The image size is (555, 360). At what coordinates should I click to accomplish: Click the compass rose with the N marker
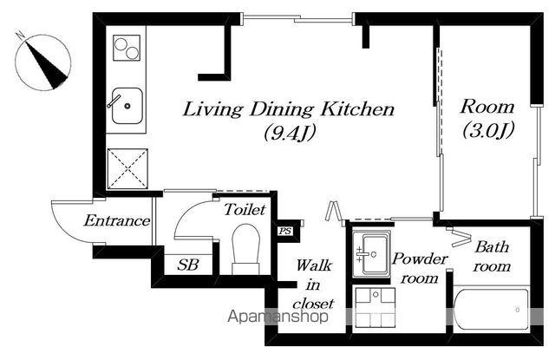click(x=43, y=62)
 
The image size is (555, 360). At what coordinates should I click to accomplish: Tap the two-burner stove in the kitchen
click(x=127, y=48)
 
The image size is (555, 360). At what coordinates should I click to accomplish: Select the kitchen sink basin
click(x=127, y=106)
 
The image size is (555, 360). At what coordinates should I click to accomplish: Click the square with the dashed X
click(x=127, y=169)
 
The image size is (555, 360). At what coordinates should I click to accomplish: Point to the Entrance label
click(x=117, y=220)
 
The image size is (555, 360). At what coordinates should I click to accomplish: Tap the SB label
click(x=188, y=265)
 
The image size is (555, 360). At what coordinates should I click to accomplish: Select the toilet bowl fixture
click(x=245, y=249)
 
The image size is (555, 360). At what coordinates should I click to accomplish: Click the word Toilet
click(x=245, y=210)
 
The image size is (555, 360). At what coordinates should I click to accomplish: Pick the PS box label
click(x=285, y=231)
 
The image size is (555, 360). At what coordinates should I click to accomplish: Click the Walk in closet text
click(x=313, y=285)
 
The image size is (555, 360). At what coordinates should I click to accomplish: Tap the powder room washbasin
click(x=371, y=254)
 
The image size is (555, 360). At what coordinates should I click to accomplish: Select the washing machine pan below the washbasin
click(x=375, y=307)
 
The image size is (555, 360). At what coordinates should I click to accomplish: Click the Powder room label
click(x=420, y=268)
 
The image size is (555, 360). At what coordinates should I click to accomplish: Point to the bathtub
click(x=491, y=309)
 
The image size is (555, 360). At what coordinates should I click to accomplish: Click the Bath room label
click(x=492, y=256)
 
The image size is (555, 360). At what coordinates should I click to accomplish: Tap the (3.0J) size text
click(x=487, y=131)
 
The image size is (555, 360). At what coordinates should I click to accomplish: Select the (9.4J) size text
click(x=289, y=133)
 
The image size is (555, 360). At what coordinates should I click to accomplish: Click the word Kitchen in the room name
click(x=357, y=108)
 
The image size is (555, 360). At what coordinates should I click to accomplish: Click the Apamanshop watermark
click(x=277, y=316)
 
